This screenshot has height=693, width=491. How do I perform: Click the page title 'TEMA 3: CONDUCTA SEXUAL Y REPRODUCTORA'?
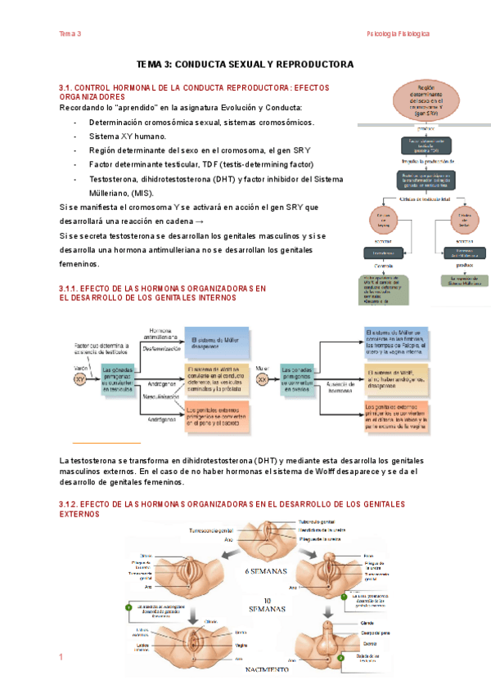click(245, 64)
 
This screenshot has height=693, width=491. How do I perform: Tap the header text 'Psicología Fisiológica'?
click(398, 34)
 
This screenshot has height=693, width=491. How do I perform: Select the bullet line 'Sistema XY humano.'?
click(127, 136)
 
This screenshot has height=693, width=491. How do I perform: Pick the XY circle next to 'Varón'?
click(79, 379)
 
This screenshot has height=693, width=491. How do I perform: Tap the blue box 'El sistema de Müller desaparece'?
click(217, 342)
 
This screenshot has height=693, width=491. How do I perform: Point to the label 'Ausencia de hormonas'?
click(338, 383)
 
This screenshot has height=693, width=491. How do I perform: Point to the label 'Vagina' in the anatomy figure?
click(241, 644)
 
